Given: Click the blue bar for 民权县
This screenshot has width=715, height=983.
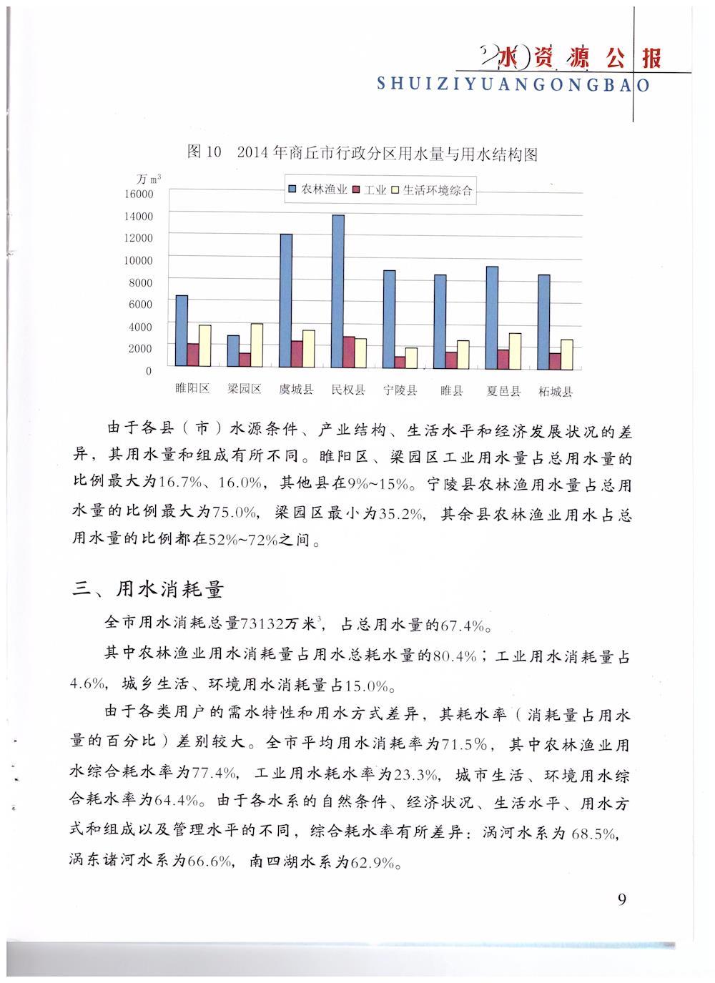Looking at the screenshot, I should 338,292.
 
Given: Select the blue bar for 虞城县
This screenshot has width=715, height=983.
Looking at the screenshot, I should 286,301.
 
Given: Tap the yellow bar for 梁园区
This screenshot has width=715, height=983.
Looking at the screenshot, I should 256,346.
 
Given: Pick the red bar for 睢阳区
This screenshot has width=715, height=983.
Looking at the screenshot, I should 193,356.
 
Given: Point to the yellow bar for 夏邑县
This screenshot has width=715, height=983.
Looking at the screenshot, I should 515,351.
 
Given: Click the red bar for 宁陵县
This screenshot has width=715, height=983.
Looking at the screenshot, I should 400,362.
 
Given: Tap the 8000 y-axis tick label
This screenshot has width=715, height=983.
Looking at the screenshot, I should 142,282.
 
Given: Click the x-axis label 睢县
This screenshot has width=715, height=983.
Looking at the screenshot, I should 452,391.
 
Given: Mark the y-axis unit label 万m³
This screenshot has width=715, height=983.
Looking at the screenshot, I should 148,178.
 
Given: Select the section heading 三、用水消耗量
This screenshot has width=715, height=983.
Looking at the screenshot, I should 149,589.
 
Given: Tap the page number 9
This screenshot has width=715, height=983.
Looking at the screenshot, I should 621,899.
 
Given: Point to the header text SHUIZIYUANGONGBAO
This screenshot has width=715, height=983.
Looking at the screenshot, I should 513,84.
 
